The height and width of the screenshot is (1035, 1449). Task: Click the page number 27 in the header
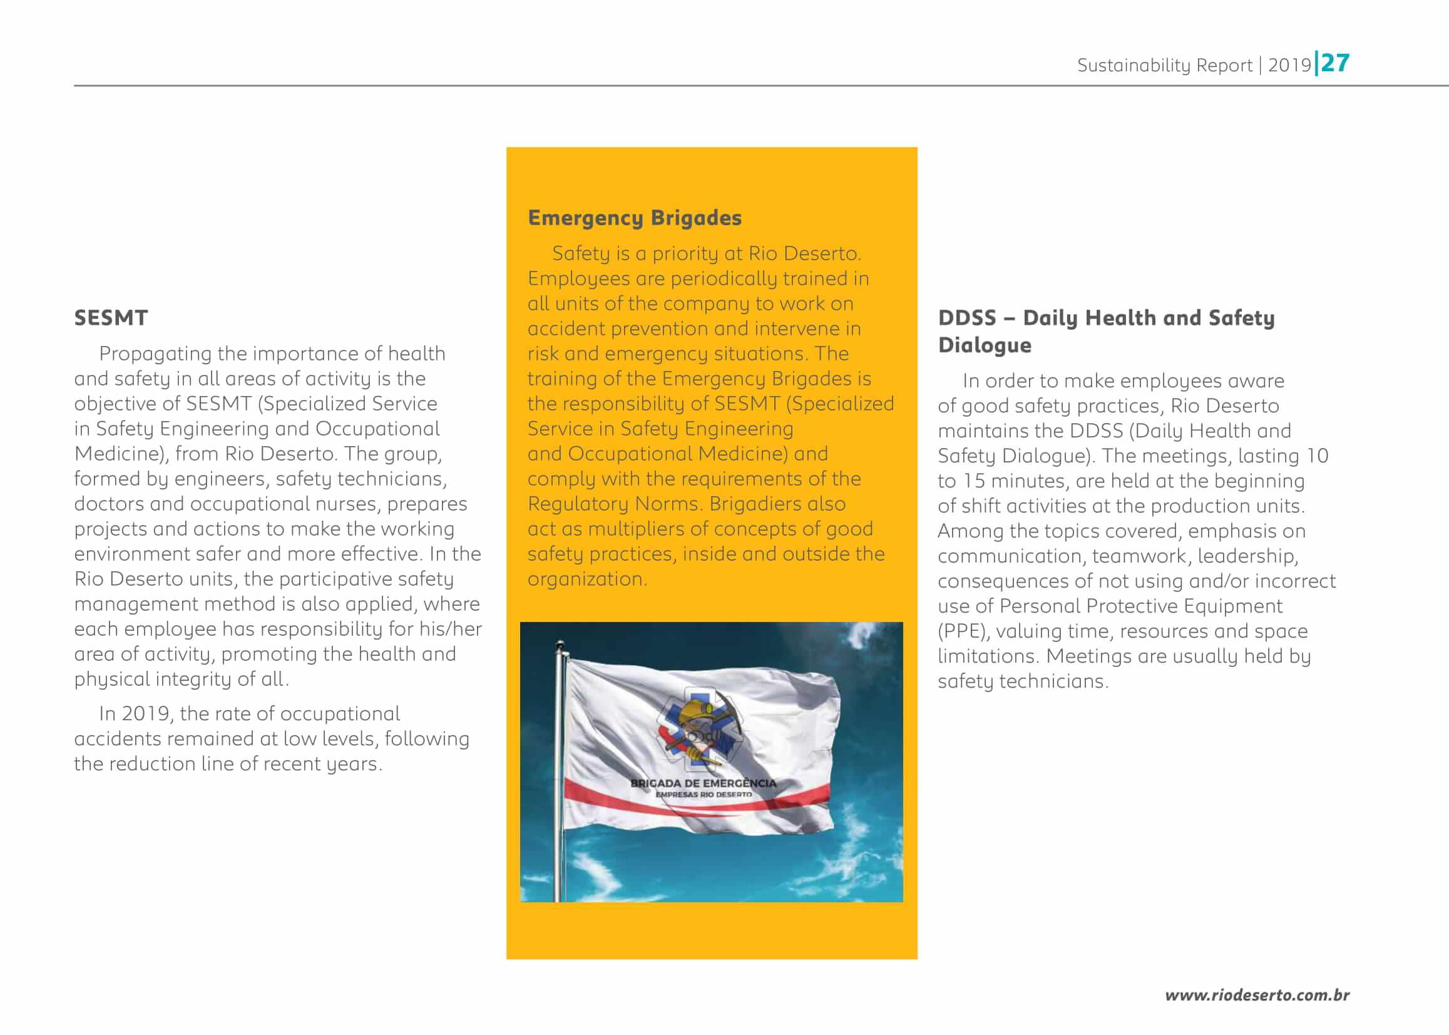pyautogui.click(x=1336, y=63)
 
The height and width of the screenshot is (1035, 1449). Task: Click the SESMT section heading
pyautogui.click(x=111, y=318)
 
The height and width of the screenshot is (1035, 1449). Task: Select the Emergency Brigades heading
pyautogui.click(x=634, y=218)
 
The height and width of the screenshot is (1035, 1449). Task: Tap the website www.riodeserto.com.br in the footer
pyautogui.click(x=1257, y=995)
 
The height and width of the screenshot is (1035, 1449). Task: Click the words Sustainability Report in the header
pyautogui.click(x=1164, y=65)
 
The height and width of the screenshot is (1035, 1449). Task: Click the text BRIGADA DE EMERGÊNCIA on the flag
pyautogui.click(x=703, y=783)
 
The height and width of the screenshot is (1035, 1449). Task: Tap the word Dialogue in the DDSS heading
pyautogui.click(x=985, y=345)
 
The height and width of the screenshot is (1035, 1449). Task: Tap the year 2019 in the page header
pyautogui.click(x=1289, y=65)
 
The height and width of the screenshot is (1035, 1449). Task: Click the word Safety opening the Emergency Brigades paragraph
pyautogui.click(x=581, y=253)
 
